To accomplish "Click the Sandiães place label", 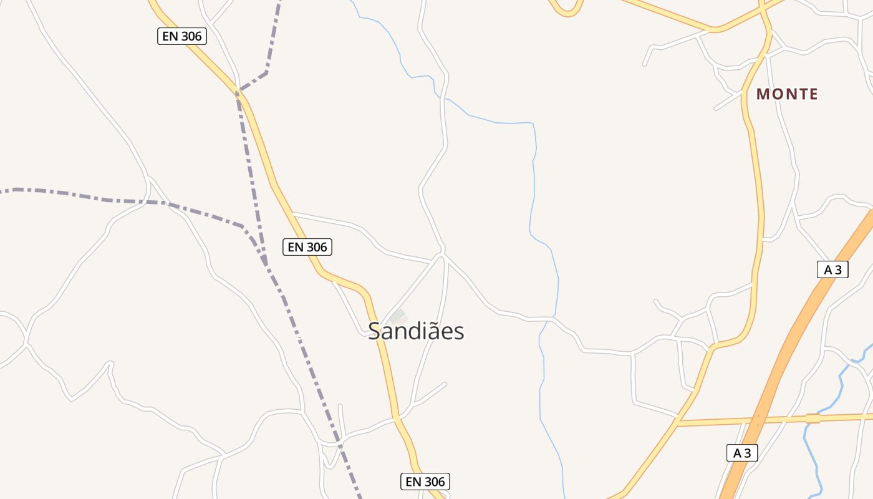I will [416, 331].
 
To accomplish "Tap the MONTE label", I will [787, 94].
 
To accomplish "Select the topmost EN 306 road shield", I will [181, 36].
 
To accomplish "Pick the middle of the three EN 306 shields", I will [307, 247].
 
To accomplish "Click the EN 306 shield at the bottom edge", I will [425, 482].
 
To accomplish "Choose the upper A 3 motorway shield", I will [832, 269].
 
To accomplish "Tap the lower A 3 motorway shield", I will [742, 453].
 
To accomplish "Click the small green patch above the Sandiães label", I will [398, 316].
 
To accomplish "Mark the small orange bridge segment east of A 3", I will [813, 418].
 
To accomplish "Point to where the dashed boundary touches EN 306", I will [238, 92].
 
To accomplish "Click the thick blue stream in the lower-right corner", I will [811, 449].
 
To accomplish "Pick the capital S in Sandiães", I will [375, 331].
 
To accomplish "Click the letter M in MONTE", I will [763, 94].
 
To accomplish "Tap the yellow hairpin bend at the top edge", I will [567, 11].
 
